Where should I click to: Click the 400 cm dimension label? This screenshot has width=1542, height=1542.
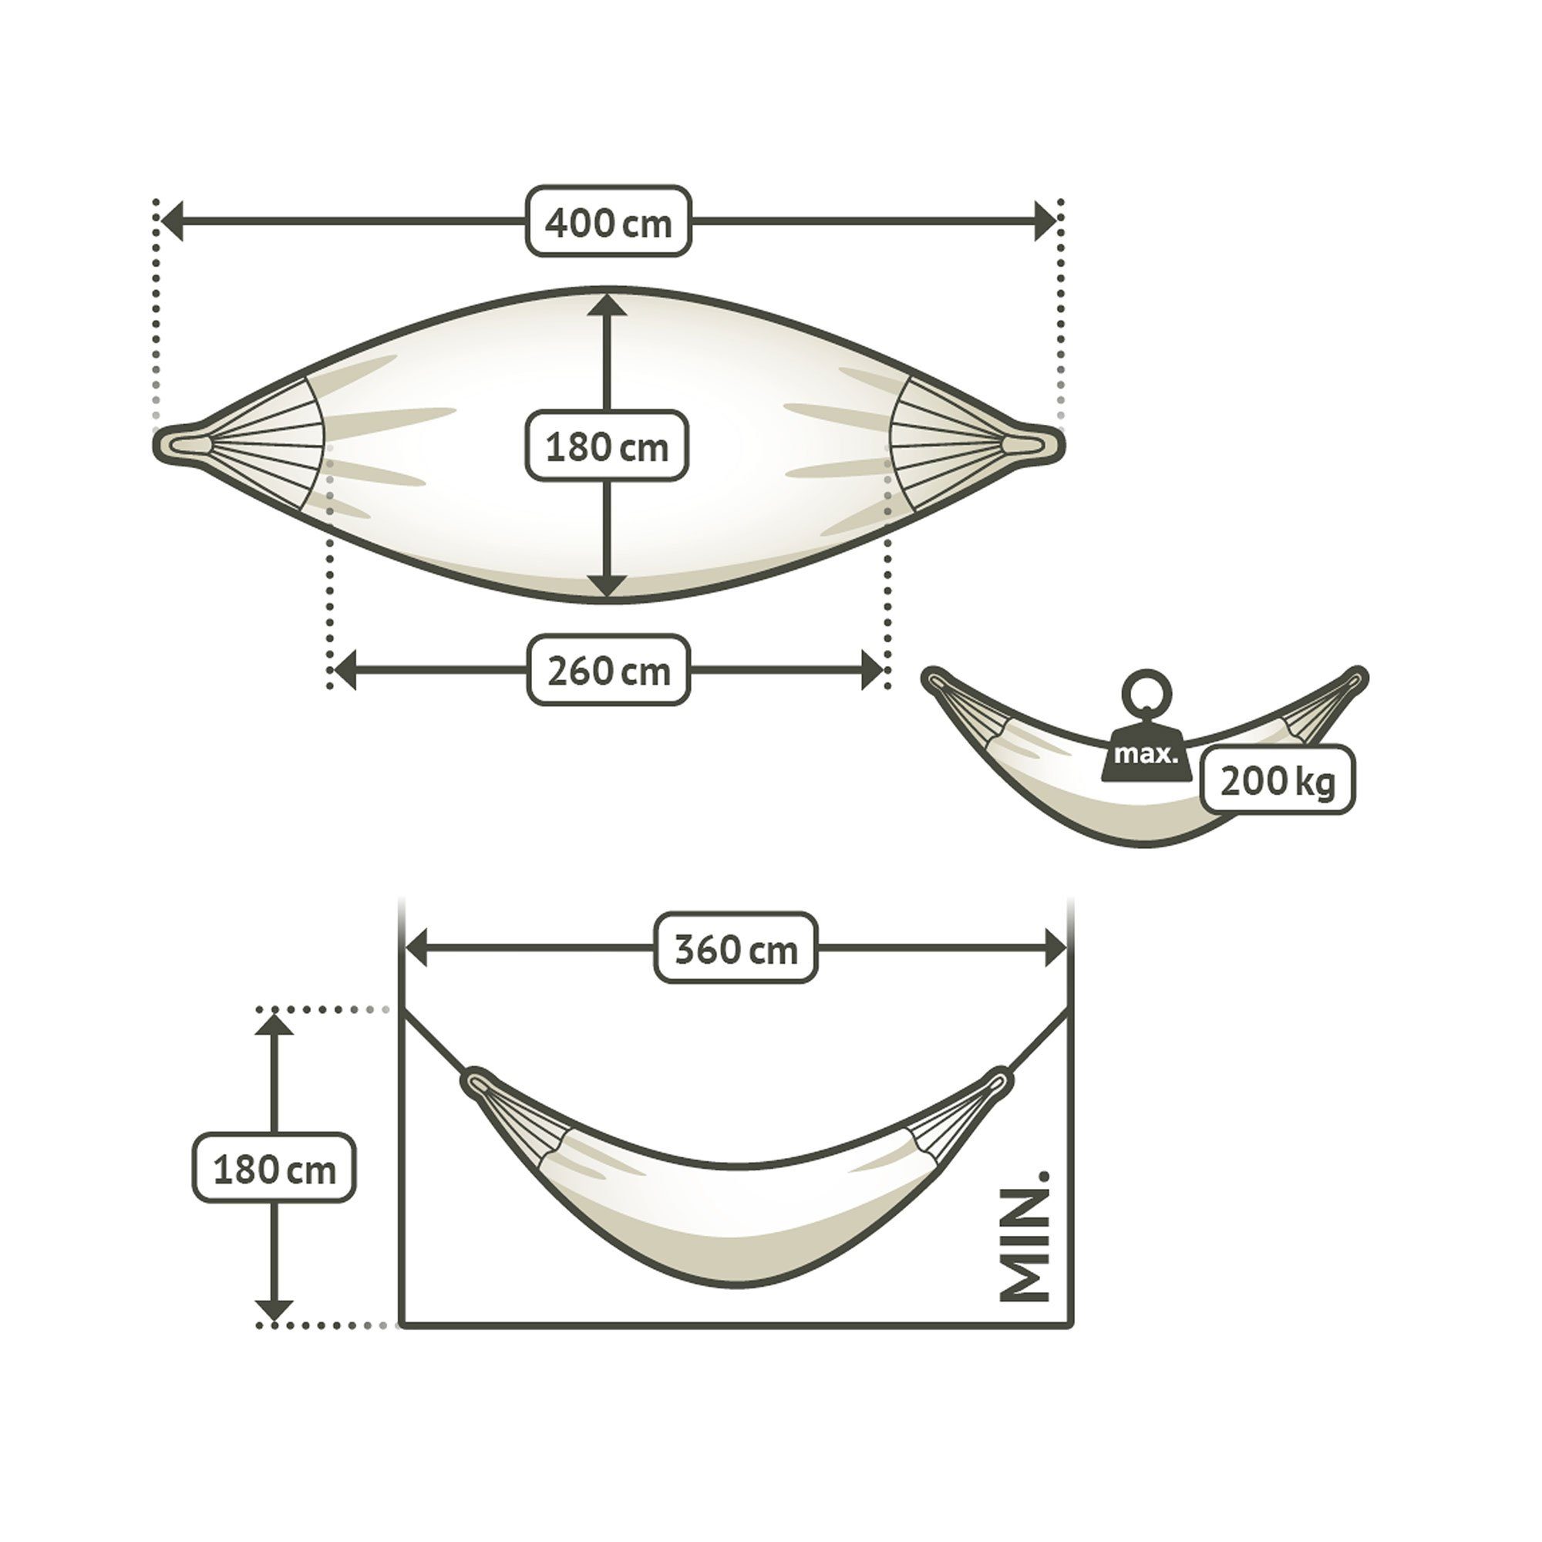(x=608, y=222)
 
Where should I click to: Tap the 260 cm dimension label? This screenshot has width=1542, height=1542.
(x=608, y=671)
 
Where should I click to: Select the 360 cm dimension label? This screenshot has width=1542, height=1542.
(x=736, y=948)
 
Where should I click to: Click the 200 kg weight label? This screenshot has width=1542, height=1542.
(x=1278, y=779)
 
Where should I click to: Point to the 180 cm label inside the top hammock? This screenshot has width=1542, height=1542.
(x=607, y=446)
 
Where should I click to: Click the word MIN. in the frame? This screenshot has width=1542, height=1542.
(x=1024, y=1237)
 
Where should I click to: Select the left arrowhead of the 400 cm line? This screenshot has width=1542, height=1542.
(x=172, y=221)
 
